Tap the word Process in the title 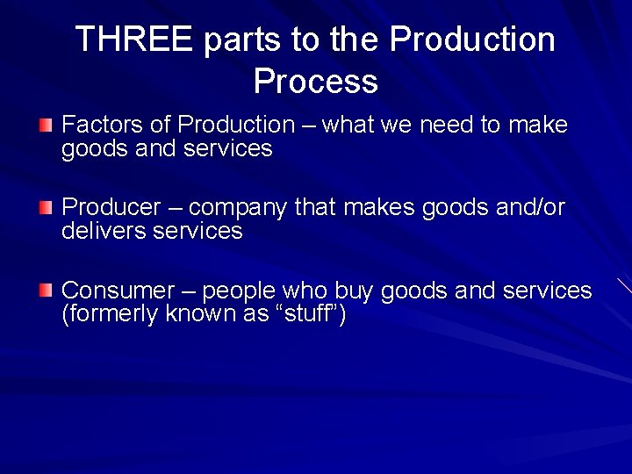tap(315, 81)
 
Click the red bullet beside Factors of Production tap(45, 126)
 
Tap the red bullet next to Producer tap(45, 208)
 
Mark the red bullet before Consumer tap(45, 291)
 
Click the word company tap(238, 209)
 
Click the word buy tap(355, 291)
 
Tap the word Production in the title tap(471, 39)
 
